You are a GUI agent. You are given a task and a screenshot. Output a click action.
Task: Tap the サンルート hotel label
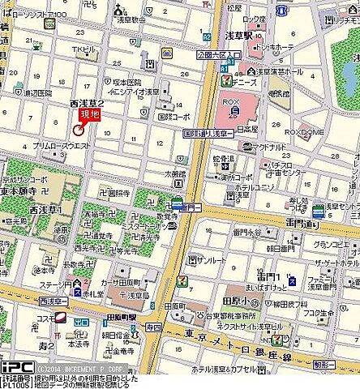click(212, 260)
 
